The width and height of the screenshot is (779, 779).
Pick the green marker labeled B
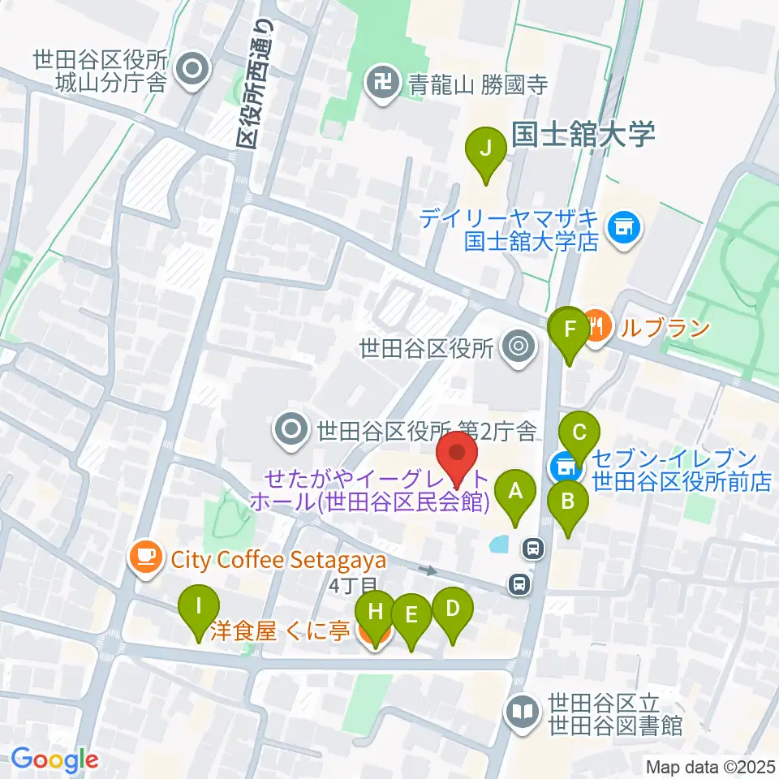pyautogui.click(x=568, y=501)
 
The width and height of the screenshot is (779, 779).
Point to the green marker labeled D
pyautogui.click(x=452, y=609)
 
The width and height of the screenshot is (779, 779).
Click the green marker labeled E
pyautogui.click(x=411, y=614)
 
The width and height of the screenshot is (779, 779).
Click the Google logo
pyautogui.click(x=54, y=760)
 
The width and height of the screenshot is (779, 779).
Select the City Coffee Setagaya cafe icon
pyautogui.click(x=146, y=557)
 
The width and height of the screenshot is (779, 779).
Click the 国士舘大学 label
pyautogui.click(x=583, y=135)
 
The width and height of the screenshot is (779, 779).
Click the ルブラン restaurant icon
pyautogui.click(x=597, y=328)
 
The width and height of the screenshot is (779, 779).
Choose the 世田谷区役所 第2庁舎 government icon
pyautogui.click(x=291, y=427)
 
